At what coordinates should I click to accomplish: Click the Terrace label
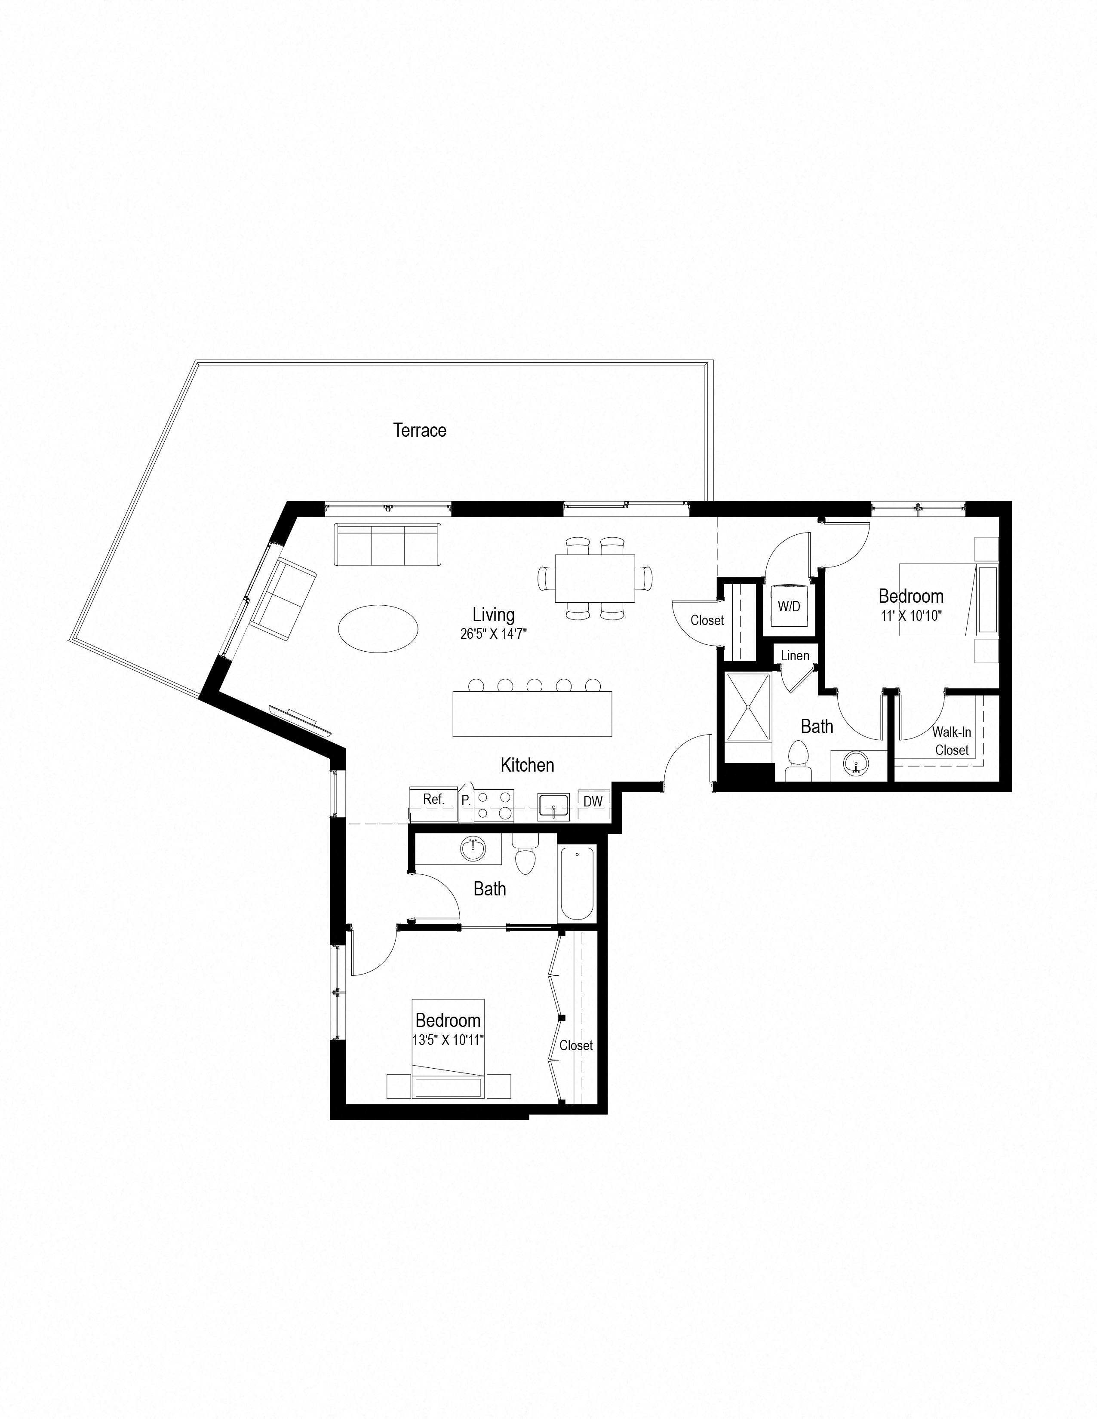(420, 430)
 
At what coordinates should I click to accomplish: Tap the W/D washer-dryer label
(789, 607)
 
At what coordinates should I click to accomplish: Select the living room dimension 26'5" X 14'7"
(493, 634)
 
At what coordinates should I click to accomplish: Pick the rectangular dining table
(595, 578)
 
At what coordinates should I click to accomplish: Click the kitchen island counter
(532, 714)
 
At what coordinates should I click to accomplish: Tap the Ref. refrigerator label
(433, 799)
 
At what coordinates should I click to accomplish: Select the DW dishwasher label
(593, 802)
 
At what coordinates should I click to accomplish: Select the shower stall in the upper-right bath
(747, 707)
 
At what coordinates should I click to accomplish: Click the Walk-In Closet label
(952, 741)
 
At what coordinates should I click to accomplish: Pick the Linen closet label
(795, 656)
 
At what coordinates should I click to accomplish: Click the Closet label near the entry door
(707, 620)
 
